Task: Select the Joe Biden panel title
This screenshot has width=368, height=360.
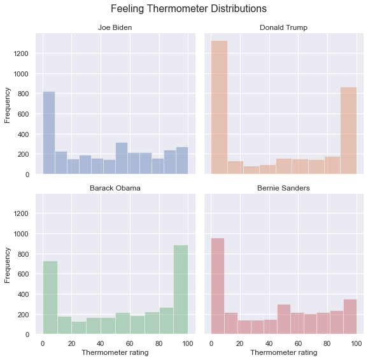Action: tap(115, 27)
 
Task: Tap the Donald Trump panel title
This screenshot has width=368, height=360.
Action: tap(283, 27)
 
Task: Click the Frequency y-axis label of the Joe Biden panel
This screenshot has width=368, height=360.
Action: tap(8, 104)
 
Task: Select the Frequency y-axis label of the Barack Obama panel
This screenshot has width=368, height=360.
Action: tap(8, 264)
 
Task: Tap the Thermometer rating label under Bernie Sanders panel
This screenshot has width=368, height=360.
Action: tap(283, 352)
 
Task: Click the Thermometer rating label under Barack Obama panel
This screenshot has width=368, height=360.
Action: tap(115, 352)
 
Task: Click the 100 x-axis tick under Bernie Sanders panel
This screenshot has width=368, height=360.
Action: tap(356, 343)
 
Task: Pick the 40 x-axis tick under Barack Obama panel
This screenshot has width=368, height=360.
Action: tap(101, 343)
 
